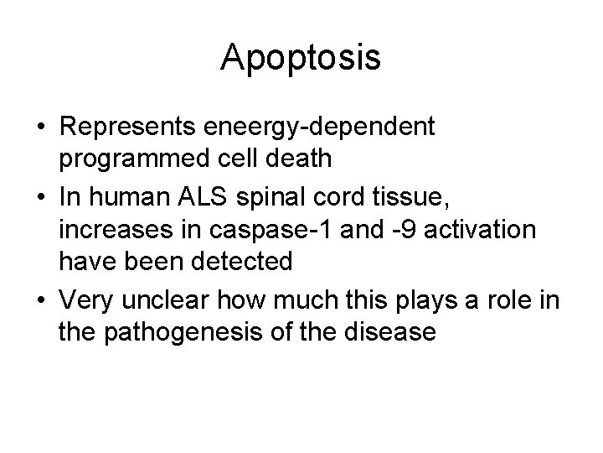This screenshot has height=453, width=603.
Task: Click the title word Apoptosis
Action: pyautogui.click(x=301, y=59)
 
